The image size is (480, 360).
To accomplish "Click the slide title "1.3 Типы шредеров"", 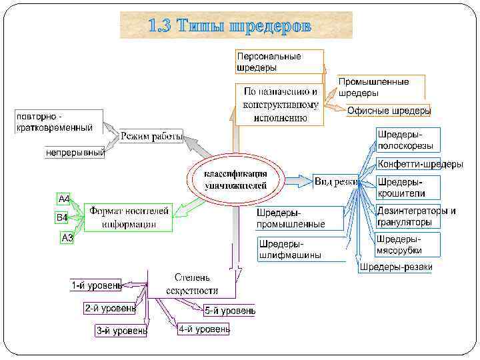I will (x=235, y=26).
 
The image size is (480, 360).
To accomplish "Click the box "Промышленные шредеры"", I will (x=373, y=87).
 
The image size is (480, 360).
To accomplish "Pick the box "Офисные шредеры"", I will (x=389, y=111).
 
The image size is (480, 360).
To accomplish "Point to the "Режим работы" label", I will (x=152, y=137).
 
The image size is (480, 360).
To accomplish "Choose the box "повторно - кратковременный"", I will (x=59, y=121).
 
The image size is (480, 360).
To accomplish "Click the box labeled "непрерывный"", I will (x=75, y=153).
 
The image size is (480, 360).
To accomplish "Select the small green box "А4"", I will (x=65, y=199).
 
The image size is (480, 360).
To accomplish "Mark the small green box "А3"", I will (x=67, y=237).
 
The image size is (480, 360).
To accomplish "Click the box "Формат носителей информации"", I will (x=129, y=217).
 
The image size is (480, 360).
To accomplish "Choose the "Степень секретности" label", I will (x=192, y=283).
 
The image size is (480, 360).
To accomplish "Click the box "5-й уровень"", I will (x=229, y=311).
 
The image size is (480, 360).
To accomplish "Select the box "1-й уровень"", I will (x=96, y=286).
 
